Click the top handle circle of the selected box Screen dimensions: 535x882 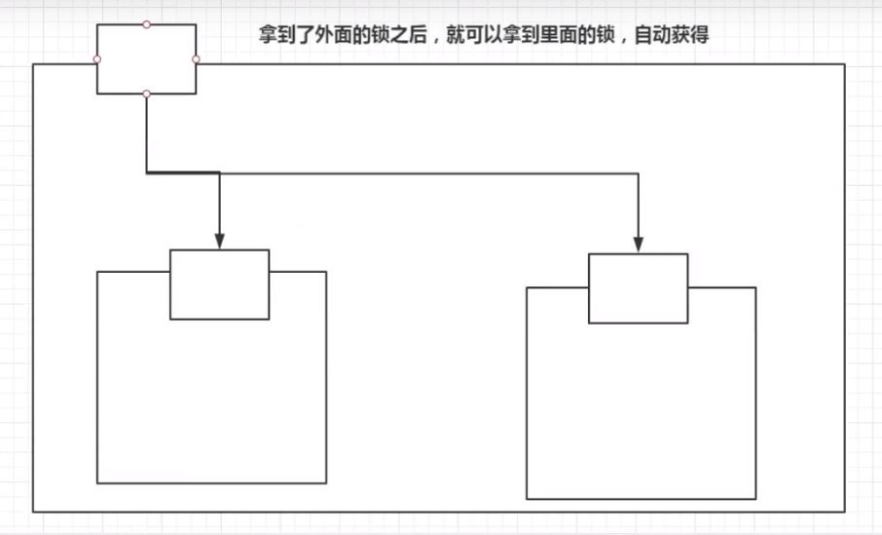tap(146, 24)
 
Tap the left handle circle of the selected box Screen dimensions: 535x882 tap(97, 59)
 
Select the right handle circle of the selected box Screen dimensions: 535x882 tap(196, 59)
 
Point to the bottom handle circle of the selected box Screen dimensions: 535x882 tap(146, 94)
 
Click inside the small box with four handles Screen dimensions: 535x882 tap(146, 59)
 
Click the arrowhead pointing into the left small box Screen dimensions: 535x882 tap(219, 240)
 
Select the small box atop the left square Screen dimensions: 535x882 tap(219, 284)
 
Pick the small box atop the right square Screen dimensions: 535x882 tap(638, 287)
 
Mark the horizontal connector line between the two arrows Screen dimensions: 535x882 tap(428, 173)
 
